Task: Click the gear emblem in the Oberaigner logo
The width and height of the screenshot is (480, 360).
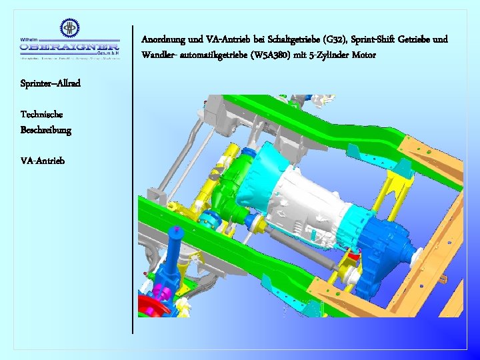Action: [69, 29]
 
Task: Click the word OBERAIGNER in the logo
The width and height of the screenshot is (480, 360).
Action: [69, 47]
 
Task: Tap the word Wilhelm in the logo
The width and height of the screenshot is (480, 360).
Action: [30, 39]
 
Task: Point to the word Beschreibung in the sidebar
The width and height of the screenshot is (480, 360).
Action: [45, 129]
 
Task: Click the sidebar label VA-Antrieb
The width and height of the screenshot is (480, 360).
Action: [43, 161]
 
